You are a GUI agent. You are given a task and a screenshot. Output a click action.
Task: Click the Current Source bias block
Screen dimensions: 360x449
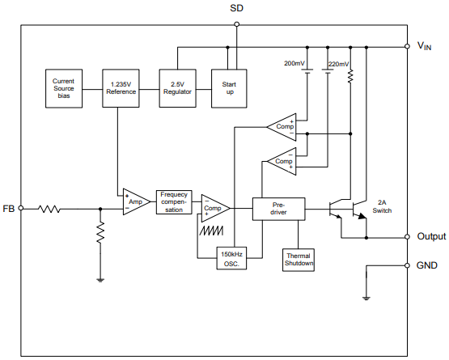click(x=63, y=87)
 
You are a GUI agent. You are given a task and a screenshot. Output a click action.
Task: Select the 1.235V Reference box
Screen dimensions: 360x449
click(x=121, y=87)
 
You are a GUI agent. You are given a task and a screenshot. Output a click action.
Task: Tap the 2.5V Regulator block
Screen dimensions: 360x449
click(x=176, y=87)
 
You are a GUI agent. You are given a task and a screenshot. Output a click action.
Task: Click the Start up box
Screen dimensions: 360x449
click(x=228, y=87)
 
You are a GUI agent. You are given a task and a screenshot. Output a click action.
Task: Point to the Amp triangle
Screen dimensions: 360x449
click(x=133, y=202)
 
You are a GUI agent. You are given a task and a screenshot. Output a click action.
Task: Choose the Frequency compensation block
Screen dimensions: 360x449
click(x=174, y=202)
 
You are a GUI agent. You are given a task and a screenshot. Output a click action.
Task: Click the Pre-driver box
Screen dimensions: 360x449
click(x=279, y=208)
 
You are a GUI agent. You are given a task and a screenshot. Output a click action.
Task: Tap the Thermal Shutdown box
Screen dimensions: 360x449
click(x=299, y=260)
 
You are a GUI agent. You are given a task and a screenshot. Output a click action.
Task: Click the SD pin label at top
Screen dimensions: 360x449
click(x=236, y=9)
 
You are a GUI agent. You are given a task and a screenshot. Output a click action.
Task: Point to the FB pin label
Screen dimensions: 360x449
click(x=9, y=209)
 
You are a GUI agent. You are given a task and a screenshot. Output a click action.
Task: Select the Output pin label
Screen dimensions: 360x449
click(x=430, y=237)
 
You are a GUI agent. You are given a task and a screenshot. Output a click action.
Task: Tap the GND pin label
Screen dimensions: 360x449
click(x=426, y=265)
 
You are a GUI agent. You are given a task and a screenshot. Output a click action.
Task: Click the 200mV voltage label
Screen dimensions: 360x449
click(x=294, y=63)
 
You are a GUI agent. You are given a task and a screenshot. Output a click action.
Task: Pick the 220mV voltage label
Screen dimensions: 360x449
click(x=338, y=63)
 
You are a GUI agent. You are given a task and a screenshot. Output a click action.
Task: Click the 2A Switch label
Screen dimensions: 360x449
click(x=382, y=206)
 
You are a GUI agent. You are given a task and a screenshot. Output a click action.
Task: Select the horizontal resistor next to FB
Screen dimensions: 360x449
click(x=50, y=209)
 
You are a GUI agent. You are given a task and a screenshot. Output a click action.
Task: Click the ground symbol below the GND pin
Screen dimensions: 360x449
click(x=366, y=299)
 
